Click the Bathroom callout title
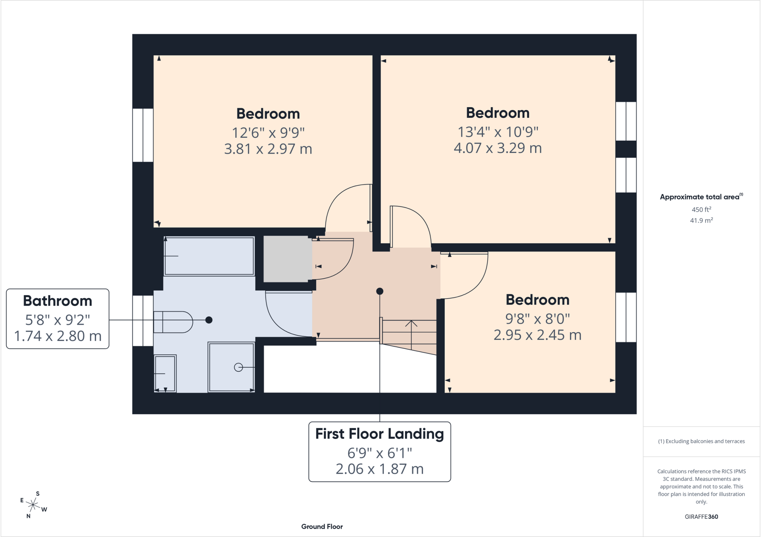[58, 301]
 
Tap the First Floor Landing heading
[379, 434]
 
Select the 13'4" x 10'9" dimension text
[498, 131]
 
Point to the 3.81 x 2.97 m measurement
[268, 149]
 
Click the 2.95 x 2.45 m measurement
[537, 335]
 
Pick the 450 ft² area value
[701, 209]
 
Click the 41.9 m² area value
[701, 220]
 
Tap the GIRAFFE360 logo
[701, 517]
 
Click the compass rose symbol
[33, 505]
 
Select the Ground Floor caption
[322, 527]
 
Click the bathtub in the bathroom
[209, 256]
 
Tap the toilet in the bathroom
[173, 322]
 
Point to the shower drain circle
[239, 367]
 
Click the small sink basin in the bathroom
[165, 373]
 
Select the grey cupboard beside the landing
[288, 259]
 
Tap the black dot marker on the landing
[379, 291]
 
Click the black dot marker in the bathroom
[209, 320]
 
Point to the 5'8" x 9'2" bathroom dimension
[58, 319]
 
